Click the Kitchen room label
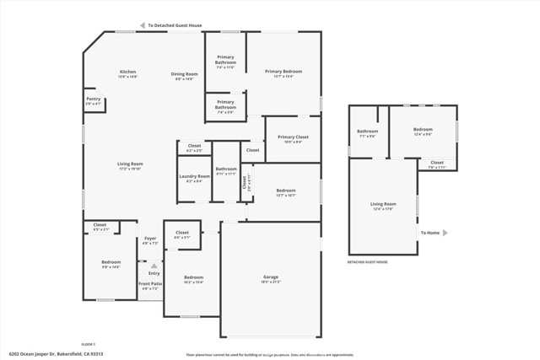127,72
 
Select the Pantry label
93,99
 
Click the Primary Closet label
293,137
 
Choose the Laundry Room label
194,176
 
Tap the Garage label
270,277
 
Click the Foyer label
150,239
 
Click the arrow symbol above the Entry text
154,266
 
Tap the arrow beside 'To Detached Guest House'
143,25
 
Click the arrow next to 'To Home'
445,233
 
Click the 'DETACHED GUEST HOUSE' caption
368,262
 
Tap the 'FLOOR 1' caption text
89,344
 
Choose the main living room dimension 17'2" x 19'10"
129,169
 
